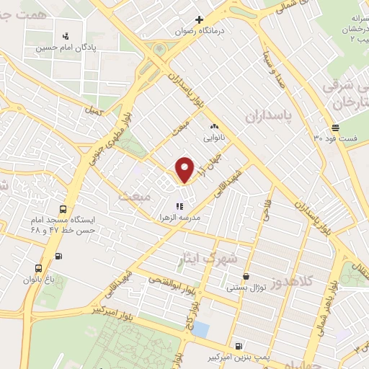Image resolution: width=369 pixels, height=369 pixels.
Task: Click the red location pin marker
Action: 185,169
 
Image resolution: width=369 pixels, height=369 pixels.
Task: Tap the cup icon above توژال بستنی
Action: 246,276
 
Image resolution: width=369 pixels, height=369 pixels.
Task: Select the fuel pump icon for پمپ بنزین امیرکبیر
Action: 239,345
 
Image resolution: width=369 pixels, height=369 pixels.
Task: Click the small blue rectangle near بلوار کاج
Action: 201,329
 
